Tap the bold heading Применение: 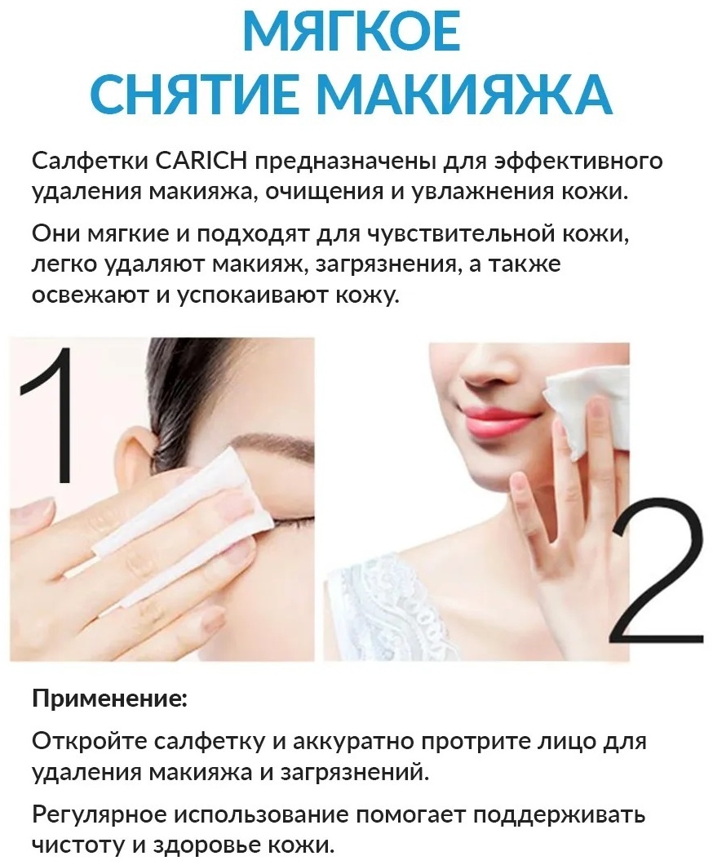(x=110, y=699)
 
